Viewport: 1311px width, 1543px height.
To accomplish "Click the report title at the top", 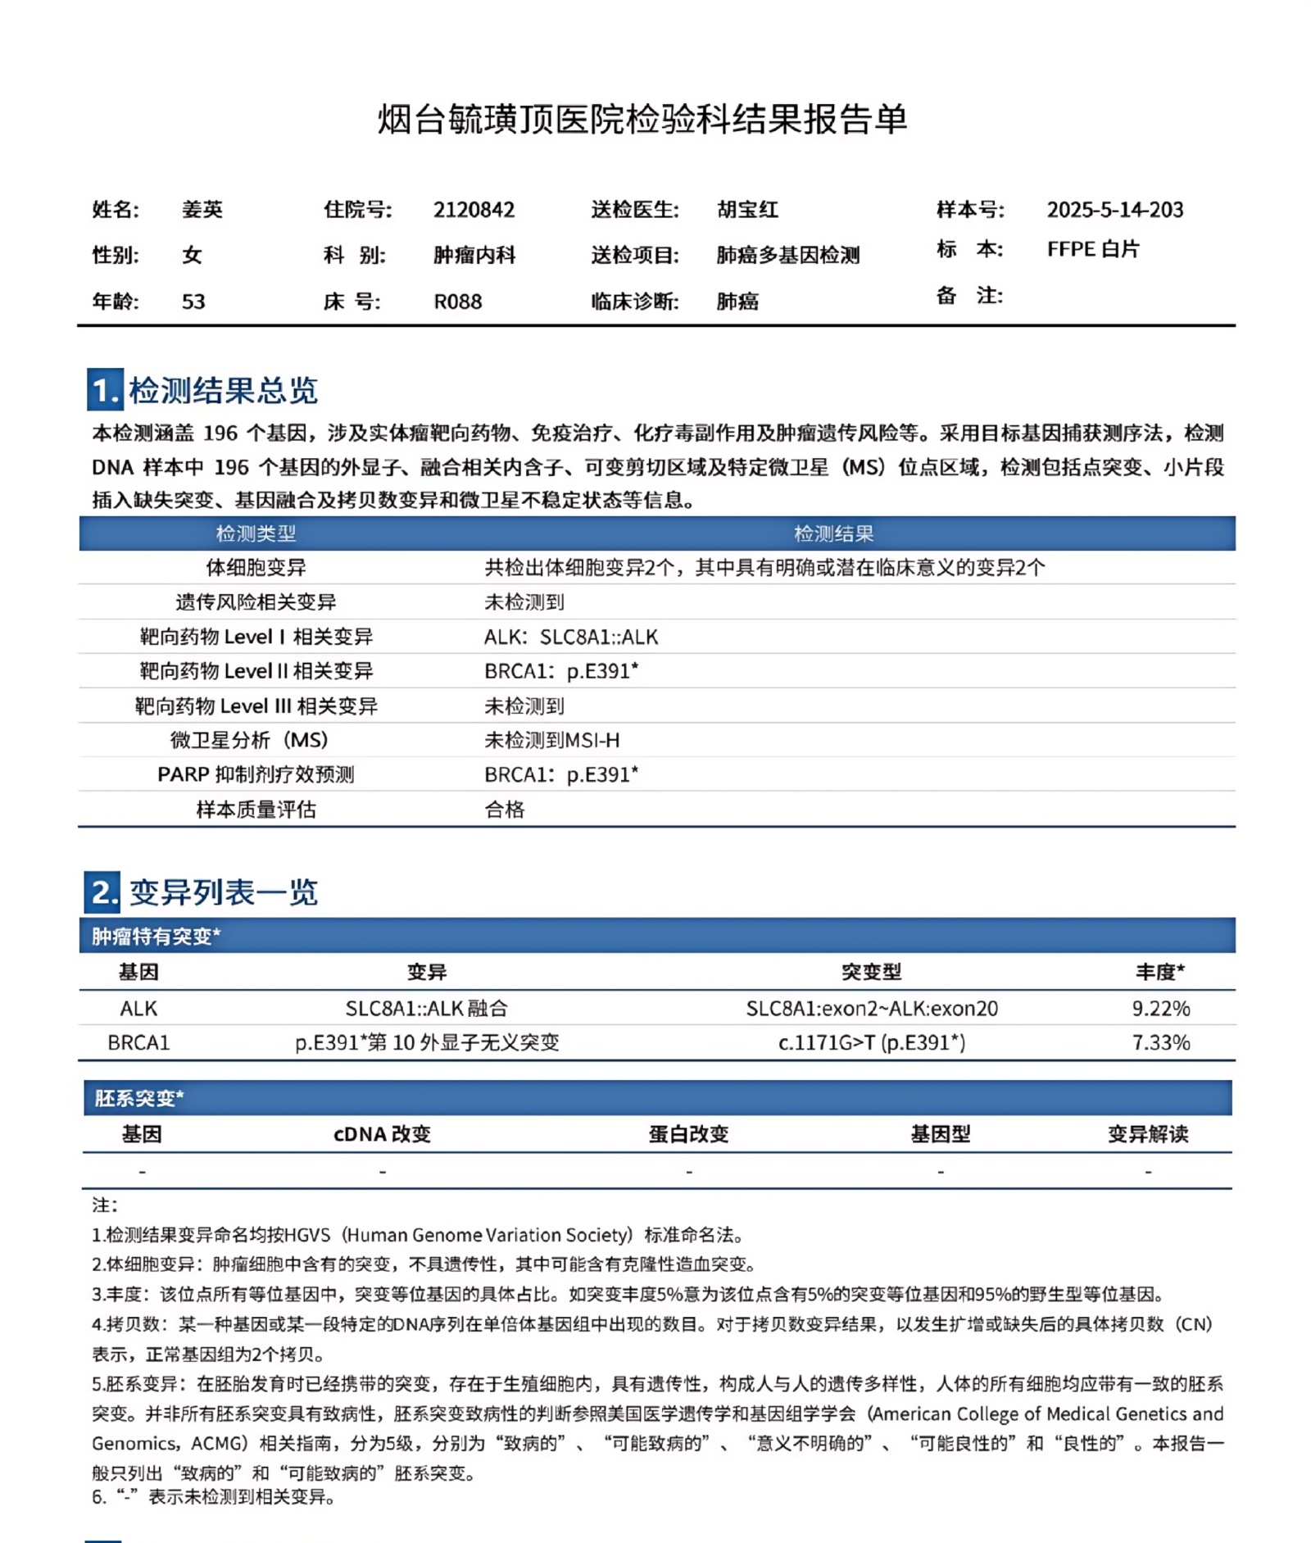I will coord(642,120).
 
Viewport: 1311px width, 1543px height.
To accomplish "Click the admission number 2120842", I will coord(474,210).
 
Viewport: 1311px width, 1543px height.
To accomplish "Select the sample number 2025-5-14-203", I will coord(1114,210).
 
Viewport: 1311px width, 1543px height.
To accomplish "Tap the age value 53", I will coord(193,302).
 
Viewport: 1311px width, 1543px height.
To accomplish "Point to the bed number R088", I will coord(457,302).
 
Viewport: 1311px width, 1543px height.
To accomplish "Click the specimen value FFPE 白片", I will coord(1092,249).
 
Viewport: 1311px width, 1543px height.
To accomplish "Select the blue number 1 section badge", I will coord(105,390).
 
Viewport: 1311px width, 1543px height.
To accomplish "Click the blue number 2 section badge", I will coord(102,892).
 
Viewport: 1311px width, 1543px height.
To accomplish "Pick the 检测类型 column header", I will coord(256,534).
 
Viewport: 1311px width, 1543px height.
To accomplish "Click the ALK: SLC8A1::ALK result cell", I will coord(571,637).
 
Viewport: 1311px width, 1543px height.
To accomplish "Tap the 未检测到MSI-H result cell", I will coord(551,740).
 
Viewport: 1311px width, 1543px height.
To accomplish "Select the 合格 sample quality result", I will coord(504,810).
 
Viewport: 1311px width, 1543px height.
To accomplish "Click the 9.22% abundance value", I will coord(1160,1008).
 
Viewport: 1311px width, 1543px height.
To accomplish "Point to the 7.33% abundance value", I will coord(1160,1042).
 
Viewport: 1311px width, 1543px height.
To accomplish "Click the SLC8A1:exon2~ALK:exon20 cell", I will coord(871,1008).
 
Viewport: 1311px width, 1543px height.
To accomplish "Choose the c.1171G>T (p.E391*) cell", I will coord(871,1042).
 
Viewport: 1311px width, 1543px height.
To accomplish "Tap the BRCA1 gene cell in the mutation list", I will coord(138,1042).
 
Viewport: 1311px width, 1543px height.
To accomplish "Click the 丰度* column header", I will coord(1159,972).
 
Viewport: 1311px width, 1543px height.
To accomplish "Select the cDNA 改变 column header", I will coord(382,1134).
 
